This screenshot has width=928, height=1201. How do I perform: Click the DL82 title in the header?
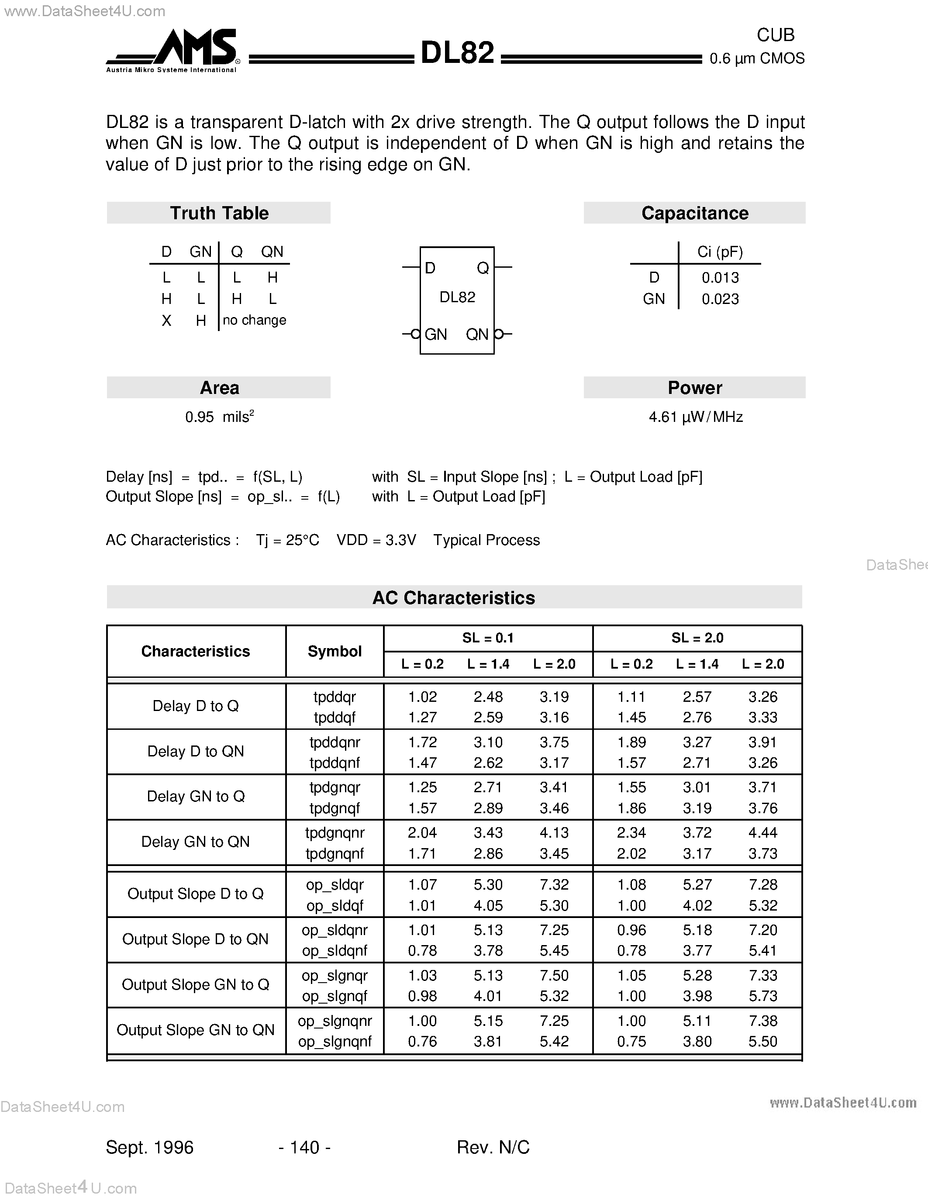click(457, 53)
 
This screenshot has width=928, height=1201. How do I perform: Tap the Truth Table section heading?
click(219, 213)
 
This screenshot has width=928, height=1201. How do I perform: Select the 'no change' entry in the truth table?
click(255, 320)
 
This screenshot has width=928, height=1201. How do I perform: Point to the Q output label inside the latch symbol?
click(483, 268)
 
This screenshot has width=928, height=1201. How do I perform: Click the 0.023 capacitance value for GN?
click(720, 299)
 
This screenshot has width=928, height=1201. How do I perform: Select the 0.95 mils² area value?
click(219, 417)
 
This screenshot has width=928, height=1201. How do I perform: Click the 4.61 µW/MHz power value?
click(695, 417)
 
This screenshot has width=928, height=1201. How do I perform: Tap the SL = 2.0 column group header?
click(697, 638)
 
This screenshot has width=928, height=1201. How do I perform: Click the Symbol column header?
click(334, 651)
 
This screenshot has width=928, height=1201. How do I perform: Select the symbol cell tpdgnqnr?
click(334, 832)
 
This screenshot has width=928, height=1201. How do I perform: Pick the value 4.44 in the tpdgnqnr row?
click(762, 832)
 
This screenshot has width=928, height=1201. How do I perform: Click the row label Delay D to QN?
click(196, 751)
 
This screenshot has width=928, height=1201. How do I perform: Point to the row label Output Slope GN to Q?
click(196, 984)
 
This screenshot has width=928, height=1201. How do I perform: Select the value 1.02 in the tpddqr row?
click(422, 697)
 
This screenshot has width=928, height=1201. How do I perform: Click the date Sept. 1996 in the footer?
click(149, 1147)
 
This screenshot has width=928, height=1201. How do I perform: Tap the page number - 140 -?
click(304, 1147)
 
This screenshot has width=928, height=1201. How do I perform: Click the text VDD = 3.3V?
click(376, 540)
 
